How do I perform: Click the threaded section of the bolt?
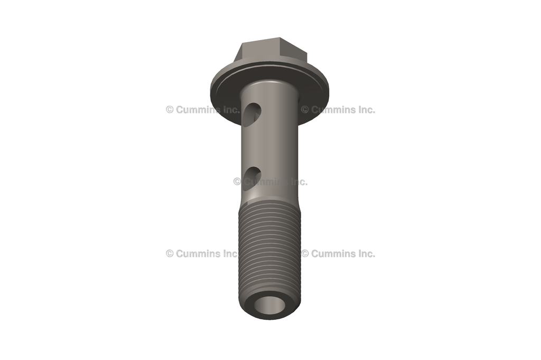coord(270,248)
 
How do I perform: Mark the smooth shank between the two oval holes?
coord(269,145)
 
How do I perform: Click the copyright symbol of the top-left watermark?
coord(170,110)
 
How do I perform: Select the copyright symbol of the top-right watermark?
coord(305,110)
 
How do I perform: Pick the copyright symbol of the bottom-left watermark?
coord(170,253)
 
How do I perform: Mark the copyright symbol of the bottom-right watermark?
coord(305,253)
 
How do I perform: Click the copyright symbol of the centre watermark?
coord(237,182)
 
